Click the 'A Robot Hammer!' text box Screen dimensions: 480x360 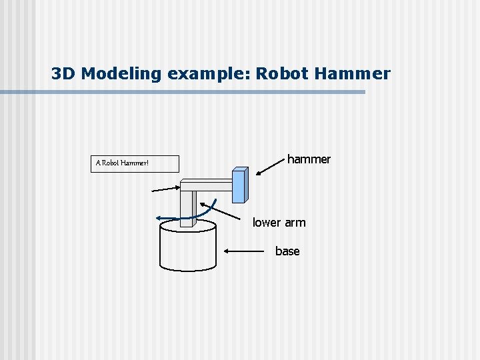tap(135, 163)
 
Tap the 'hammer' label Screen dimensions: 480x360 tap(309, 159)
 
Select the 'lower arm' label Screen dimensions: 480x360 tap(279, 223)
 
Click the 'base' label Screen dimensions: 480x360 tap(287, 251)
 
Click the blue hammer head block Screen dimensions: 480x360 tap(239, 185)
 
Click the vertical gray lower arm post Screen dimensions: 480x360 tap(189, 207)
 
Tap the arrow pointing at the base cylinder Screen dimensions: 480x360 tap(245, 251)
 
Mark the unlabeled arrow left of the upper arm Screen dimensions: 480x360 tap(165, 189)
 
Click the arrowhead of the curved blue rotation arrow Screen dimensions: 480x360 tap(159, 217)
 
